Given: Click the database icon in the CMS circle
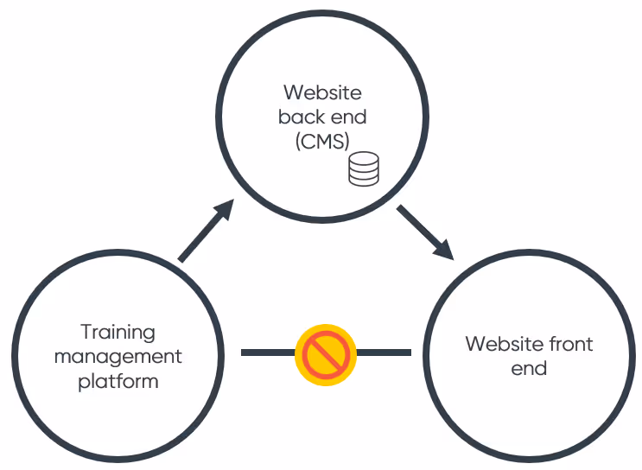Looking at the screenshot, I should coord(364,169).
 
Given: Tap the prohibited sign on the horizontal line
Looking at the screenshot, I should coord(326,353).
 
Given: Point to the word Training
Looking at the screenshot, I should coord(118,333).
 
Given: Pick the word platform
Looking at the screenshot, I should coord(118,380).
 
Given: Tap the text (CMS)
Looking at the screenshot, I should coord(322,141).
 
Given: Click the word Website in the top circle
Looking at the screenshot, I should coord(322,92).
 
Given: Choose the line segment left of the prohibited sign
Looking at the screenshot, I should coord(268,352).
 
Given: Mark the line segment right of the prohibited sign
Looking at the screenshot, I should coord(385,352).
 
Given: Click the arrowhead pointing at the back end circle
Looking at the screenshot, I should coord(226,209).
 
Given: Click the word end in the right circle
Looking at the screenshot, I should coord(528,368).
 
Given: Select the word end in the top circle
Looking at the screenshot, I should coord(348,117).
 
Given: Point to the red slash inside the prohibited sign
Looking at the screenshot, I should coord(326,353).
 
